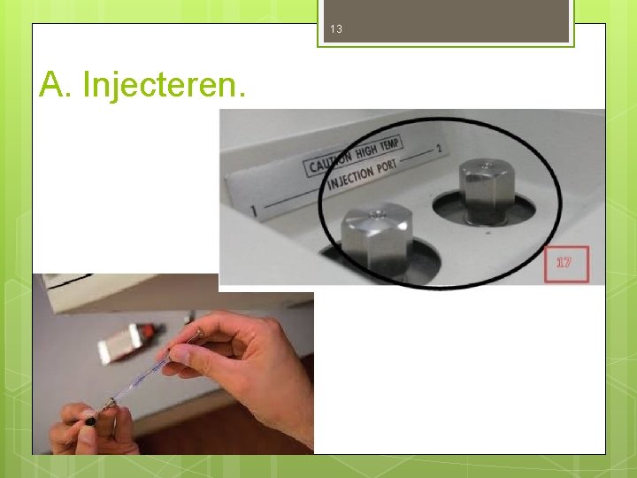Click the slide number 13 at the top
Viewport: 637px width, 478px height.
pyautogui.click(x=335, y=29)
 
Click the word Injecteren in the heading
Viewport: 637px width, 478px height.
pyautogui.click(x=165, y=85)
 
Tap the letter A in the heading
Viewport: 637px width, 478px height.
pyautogui.click(x=53, y=85)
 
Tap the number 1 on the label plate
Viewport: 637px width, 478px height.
pyautogui.click(x=254, y=211)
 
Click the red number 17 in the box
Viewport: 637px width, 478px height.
pyautogui.click(x=564, y=262)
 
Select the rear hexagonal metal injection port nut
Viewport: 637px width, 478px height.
pyautogui.click(x=482, y=192)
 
